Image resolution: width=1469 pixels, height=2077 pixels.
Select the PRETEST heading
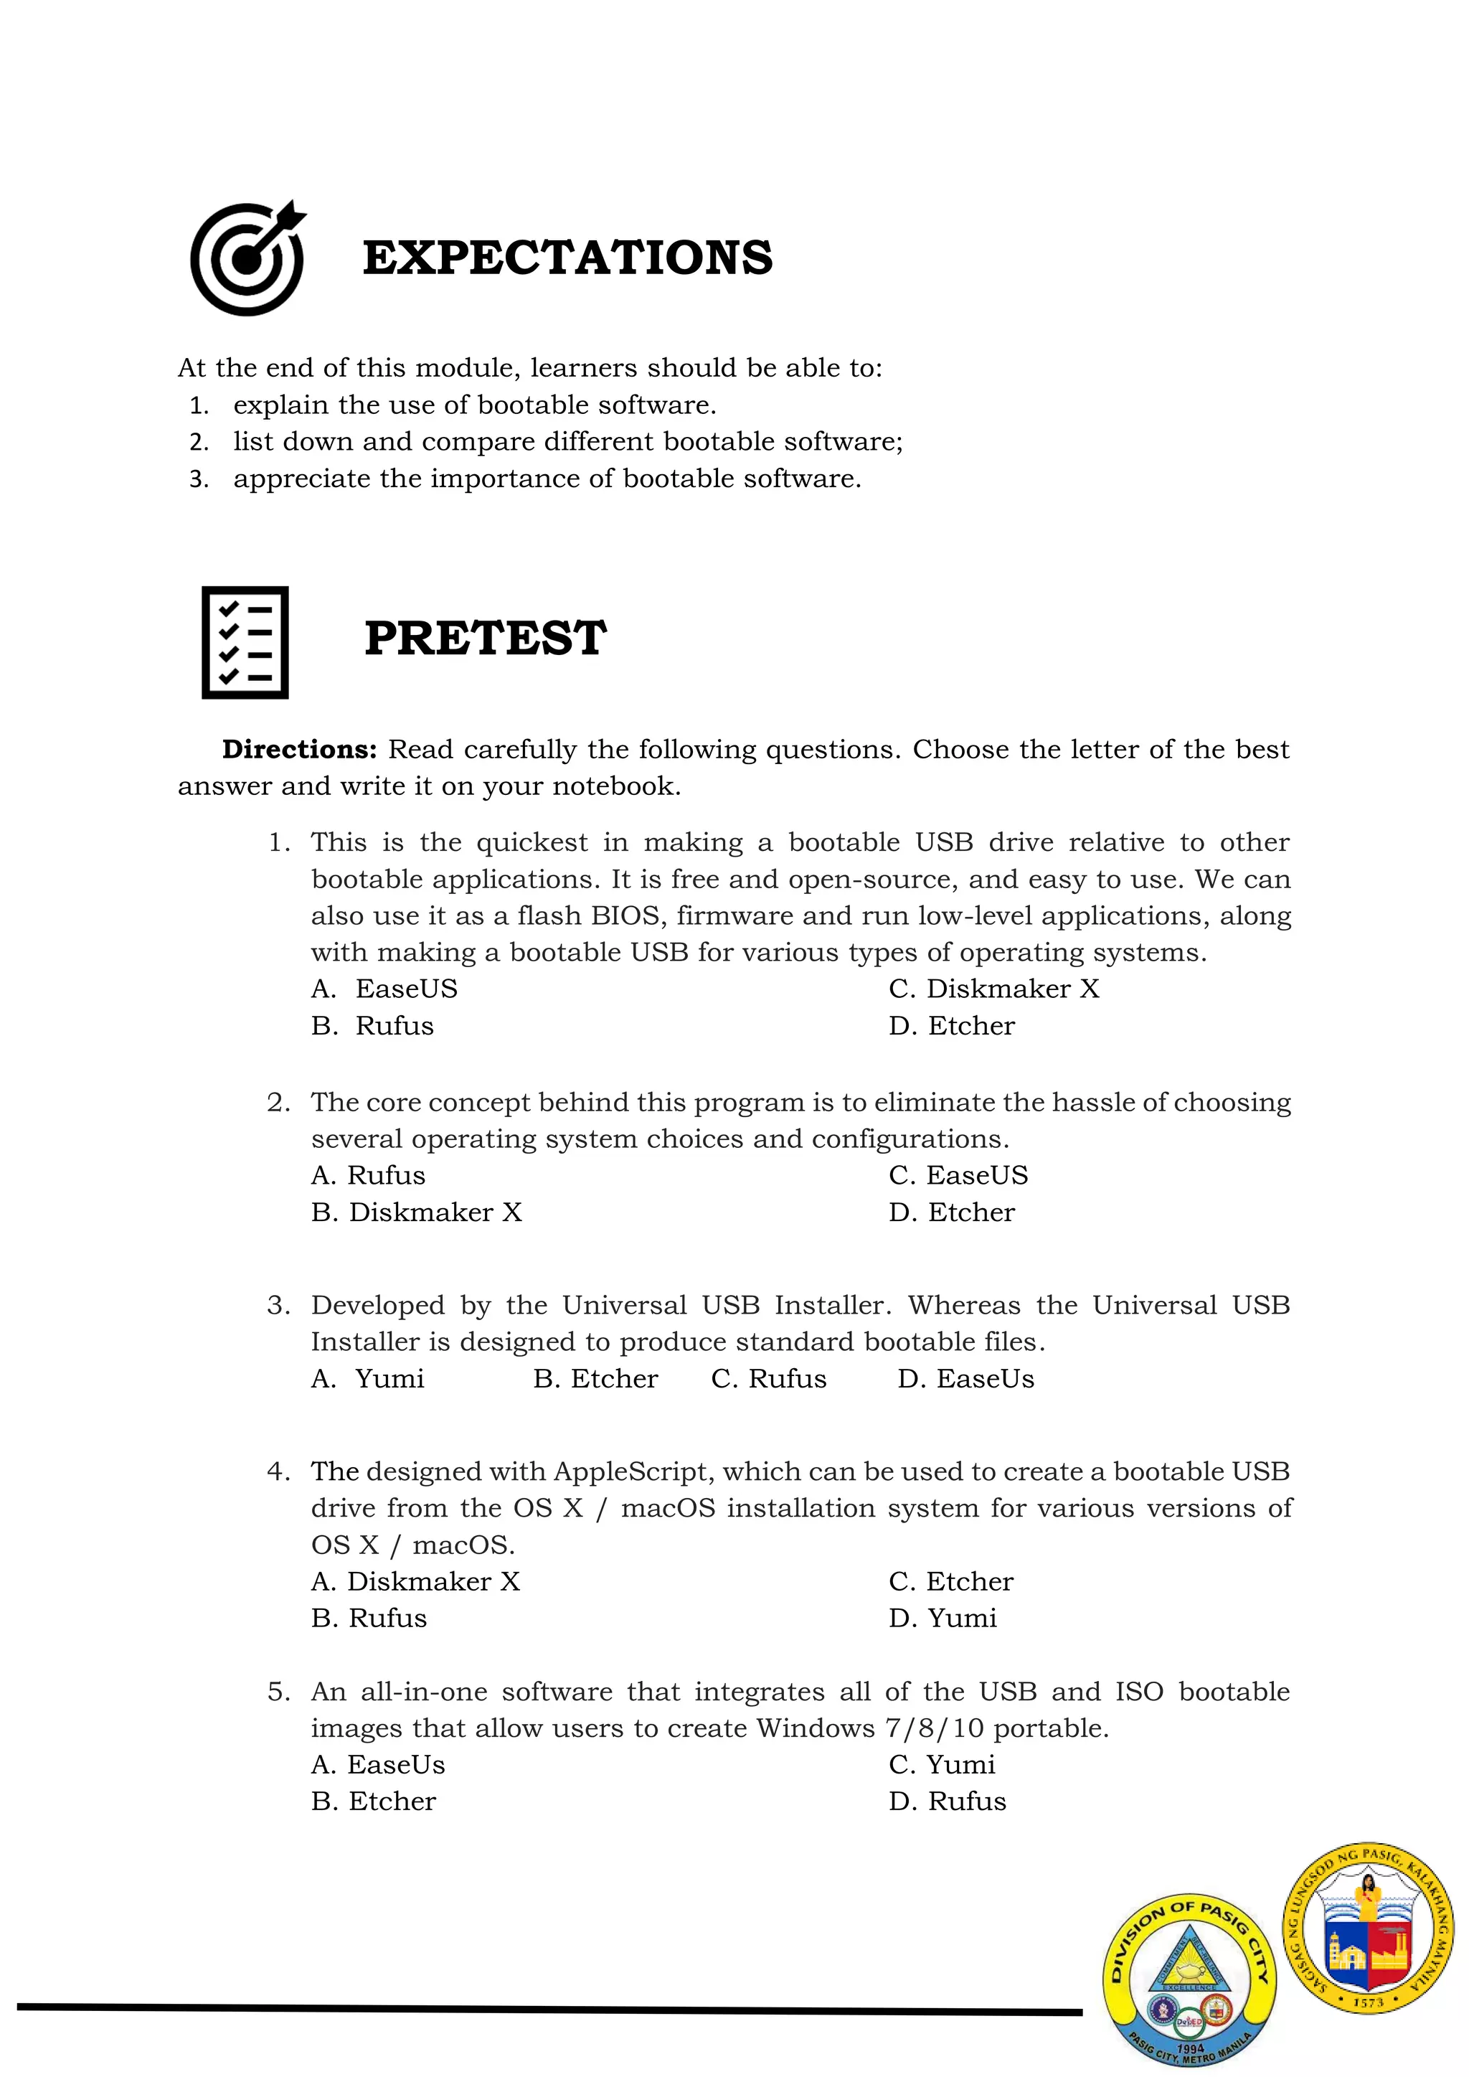(485, 639)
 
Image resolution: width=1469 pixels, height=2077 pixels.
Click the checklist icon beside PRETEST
(245, 642)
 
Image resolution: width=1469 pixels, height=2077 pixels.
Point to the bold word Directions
(299, 750)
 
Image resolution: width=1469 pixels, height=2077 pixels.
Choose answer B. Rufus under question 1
(373, 1026)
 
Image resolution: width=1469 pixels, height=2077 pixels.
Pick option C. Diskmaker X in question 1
(993, 989)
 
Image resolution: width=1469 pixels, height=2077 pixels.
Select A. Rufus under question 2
(368, 1175)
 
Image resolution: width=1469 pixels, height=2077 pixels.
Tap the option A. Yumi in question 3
(368, 1379)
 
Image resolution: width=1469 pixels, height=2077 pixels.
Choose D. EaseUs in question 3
(965, 1379)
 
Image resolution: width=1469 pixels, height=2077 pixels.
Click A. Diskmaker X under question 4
(416, 1581)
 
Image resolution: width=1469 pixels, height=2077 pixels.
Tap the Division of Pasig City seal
(1189, 1980)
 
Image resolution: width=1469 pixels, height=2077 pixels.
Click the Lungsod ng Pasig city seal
(1368, 1928)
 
